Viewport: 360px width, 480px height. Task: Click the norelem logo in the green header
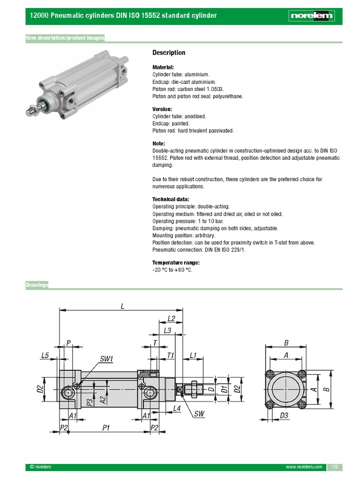point(311,16)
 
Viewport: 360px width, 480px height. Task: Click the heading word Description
point(169,52)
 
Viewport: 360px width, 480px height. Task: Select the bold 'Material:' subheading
point(163,67)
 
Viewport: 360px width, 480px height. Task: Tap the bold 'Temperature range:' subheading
point(176,262)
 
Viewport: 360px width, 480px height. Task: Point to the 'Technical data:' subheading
point(171,199)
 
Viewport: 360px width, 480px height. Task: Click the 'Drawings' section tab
point(37,285)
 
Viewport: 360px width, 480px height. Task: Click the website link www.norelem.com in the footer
point(304,467)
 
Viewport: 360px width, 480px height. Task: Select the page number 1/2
point(335,467)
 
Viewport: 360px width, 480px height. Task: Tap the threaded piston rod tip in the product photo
point(30,112)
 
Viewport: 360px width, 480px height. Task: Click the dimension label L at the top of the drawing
point(122,306)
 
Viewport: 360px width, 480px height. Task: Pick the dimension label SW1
point(106,359)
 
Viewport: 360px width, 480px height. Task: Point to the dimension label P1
point(106,427)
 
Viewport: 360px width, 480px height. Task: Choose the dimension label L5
point(45,356)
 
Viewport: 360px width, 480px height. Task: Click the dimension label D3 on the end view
point(284,415)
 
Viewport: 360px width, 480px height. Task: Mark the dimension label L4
point(177,408)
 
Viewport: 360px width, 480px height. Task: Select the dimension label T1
point(171,356)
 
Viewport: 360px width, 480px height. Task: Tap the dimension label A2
point(103,399)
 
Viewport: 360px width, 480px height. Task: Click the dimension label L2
point(172,319)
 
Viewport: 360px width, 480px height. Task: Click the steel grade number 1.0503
point(215,89)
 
